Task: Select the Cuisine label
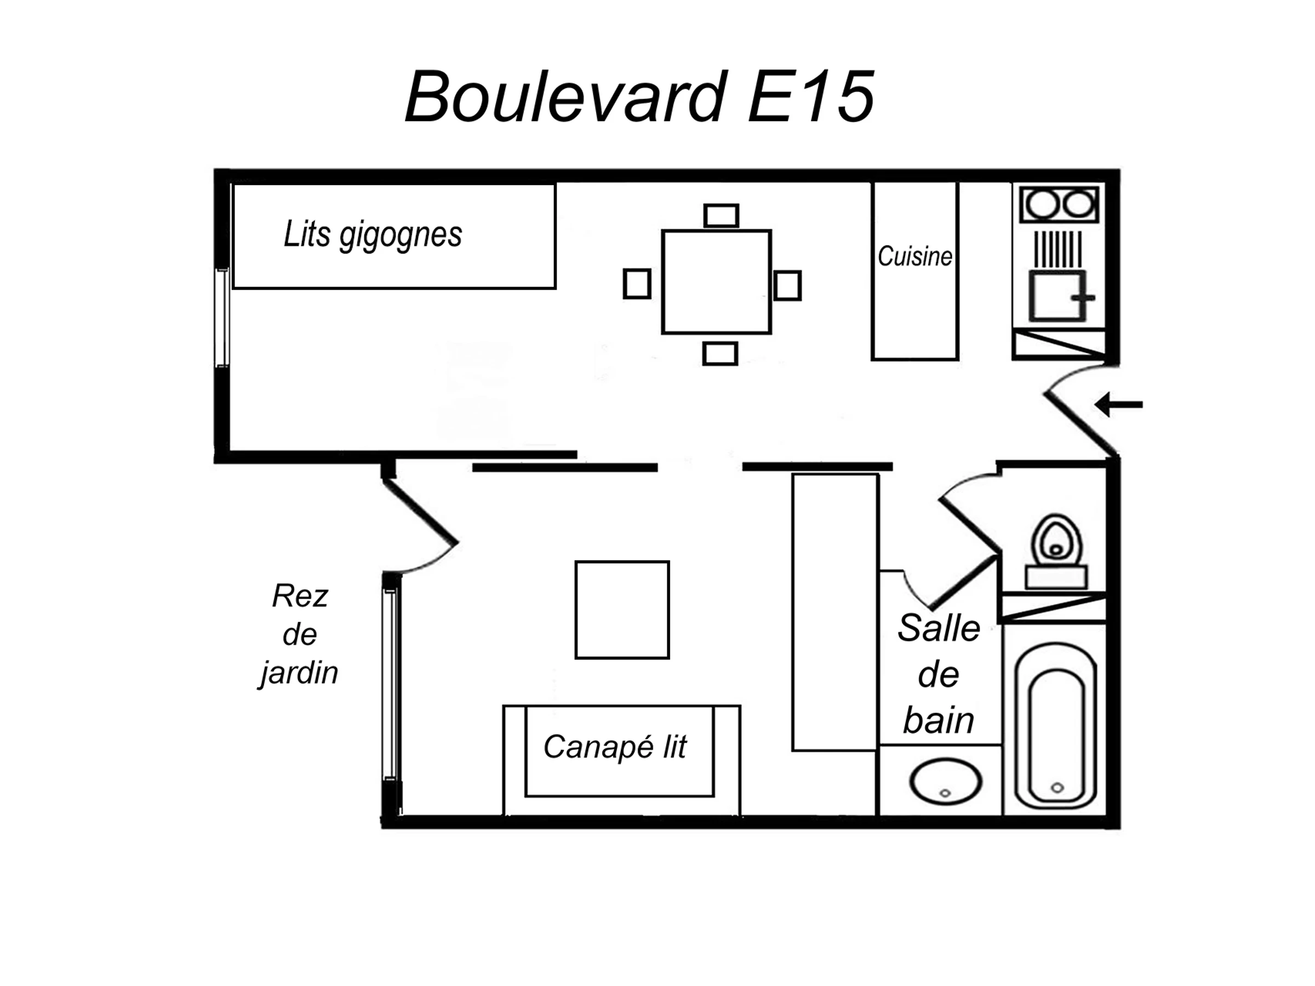(914, 257)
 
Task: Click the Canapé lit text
(615, 747)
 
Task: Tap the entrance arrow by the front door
(1119, 405)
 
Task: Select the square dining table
(716, 282)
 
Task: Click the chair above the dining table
(721, 216)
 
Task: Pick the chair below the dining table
(720, 354)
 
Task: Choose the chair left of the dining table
(637, 284)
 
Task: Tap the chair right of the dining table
(788, 285)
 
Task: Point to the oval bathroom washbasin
(945, 781)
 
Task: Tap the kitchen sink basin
(1058, 296)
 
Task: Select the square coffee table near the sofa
(622, 610)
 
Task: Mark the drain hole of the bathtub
(1057, 788)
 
